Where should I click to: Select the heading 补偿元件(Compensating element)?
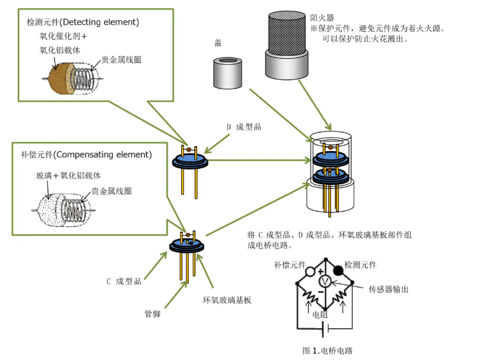point(86,155)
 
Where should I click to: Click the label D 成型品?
point(244,127)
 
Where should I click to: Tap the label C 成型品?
point(124,281)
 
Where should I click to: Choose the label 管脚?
point(154,313)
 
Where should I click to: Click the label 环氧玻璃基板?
point(227,299)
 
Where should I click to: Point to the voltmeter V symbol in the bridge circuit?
point(323,281)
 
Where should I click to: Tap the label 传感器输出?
point(388,289)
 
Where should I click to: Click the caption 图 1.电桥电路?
point(327,350)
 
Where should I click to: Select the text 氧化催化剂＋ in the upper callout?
point(63,36)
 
